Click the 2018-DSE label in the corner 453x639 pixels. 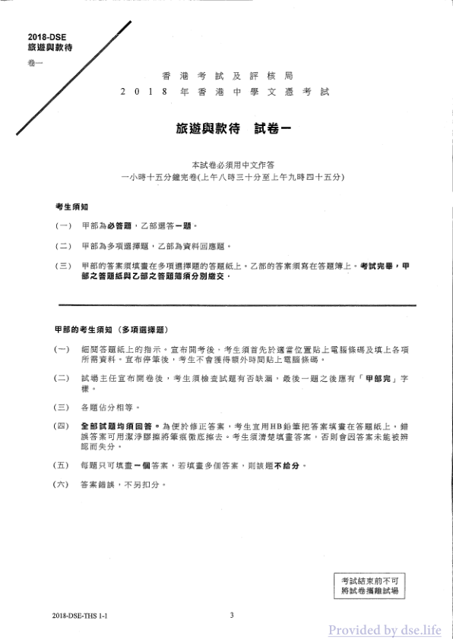click(44, 37)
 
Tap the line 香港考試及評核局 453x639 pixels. click(227, 77)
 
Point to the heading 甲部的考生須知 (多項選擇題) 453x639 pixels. click(111, 331)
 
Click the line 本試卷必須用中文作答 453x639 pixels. click(226, 164)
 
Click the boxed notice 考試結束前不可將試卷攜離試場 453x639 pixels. click(370, 584)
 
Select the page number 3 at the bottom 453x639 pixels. click(231, 615)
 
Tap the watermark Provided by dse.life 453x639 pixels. click(384, 630)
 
